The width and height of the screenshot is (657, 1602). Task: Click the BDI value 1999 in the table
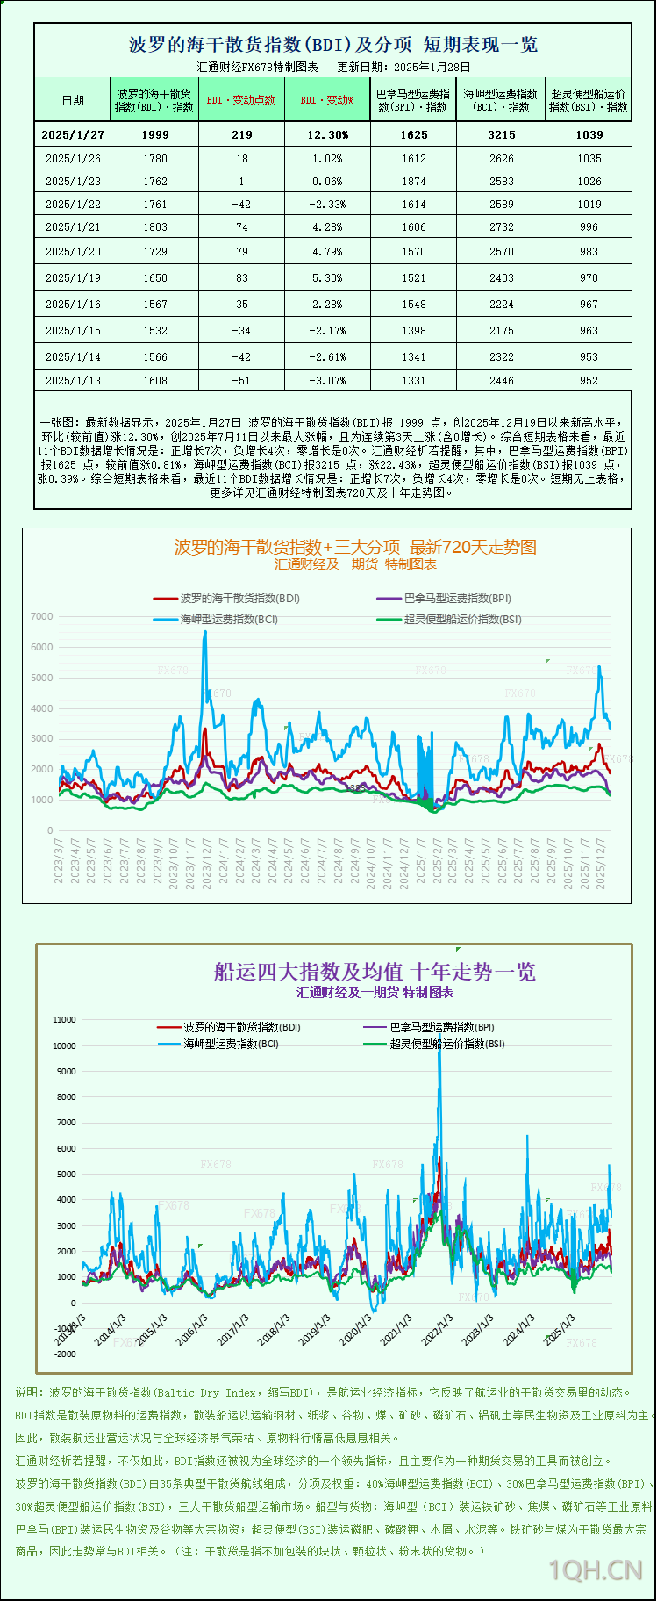click(154, 134)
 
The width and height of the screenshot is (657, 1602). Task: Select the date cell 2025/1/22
click(73, 204)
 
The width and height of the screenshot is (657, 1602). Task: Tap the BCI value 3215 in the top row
click(501, 134)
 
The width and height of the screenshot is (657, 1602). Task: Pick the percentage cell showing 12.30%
click(327, 134)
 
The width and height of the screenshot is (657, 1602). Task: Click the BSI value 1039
click(589, 134)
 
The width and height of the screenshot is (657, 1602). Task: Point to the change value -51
click(241, 380)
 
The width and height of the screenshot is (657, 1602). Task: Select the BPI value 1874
click(413, 181)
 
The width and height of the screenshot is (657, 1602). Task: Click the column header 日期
click(73, 100)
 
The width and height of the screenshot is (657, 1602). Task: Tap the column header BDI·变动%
click(327, 100)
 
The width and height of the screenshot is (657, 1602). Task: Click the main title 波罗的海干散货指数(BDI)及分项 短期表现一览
click(332, 44)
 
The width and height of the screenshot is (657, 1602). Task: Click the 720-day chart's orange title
click(355, 547)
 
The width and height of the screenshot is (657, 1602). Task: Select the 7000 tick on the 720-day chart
click(41, 616)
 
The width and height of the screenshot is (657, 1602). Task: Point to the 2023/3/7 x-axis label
click(59, 860)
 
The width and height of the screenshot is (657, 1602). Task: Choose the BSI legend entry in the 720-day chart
click(461, 619)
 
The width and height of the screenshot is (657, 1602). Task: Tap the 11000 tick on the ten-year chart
click(64, 1020)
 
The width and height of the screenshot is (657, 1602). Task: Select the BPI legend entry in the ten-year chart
click(440, 1027)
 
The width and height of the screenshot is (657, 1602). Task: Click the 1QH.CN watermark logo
click(596, 1570)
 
